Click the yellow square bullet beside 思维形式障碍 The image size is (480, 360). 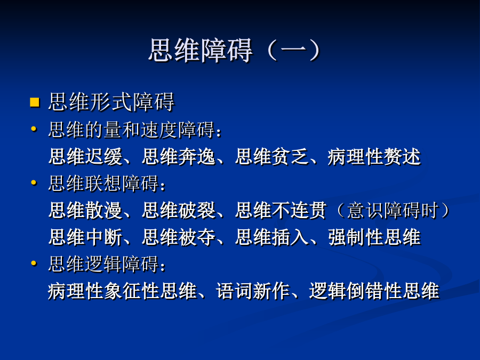pyautogui.click(x=35, y=102)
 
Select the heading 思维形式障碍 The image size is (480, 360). pyautogui.click(x=111, y=102)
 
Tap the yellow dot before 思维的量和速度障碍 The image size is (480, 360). pyautogui.click(x=34, y=129)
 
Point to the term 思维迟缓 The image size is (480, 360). pyautogui.click(x=85, y=156)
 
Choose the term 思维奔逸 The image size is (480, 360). pyautogui.click(x=179, y=156)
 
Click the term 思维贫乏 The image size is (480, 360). pyautogui.click(x=272, y=156)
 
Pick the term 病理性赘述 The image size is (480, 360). pyautogui.click(x=374, y=156)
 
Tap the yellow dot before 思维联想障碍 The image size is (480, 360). pyautogui.click(x=34, y=183)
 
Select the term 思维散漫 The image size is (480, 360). pyautogui.click(x=85, y=210)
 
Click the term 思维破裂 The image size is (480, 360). pyautogui.click(x=179, y=210)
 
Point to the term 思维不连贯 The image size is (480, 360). pyautogui.click(x=281, y=210)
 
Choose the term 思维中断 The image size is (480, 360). pyautogui.click(x=85, y=237)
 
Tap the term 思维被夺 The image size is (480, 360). pyautogui.click(x=179, y=237)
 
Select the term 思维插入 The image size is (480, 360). pyautogui.click(x=272, y=237)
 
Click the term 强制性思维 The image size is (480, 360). pyautogui.click(x=374, y=237)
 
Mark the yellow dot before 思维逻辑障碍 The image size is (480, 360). pyautogui.click(x=34, y=263)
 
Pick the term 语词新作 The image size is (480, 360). pyautogui.click(x=253, y=291)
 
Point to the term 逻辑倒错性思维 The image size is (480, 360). pyautogui.click(x=374, y=291)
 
